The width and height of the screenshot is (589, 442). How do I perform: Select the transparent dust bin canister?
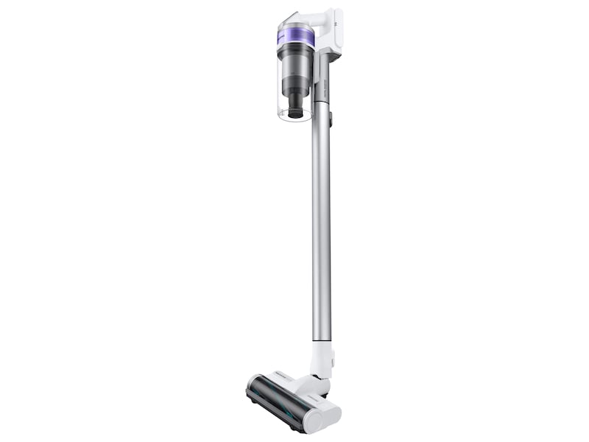(x=294, y=88)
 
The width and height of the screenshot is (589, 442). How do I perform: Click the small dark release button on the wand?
(x=331, y=117)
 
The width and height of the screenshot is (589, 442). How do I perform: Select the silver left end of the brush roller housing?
(x=252, y=386)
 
